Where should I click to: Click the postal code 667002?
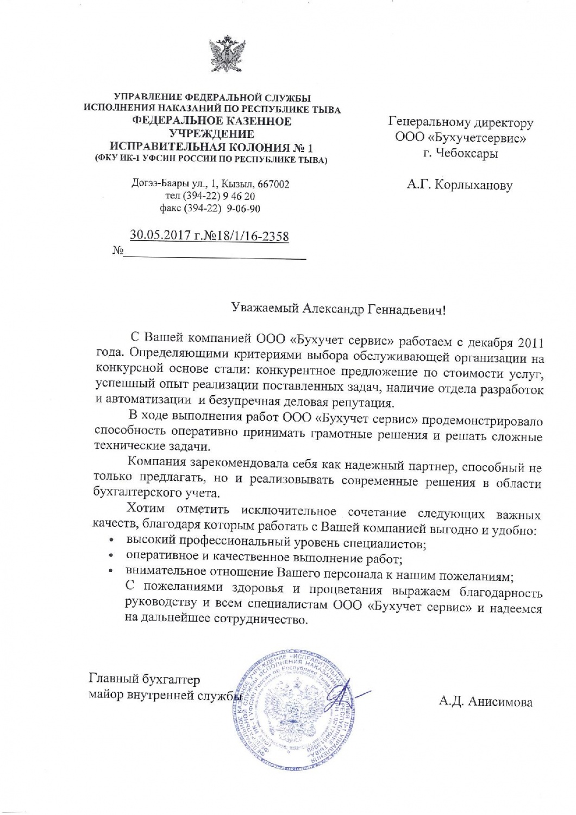point(272,184)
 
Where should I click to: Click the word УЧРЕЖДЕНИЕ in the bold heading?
point(211,134)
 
